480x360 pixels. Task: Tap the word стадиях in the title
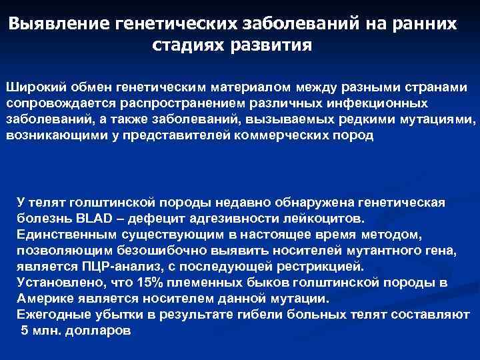[x=189, y=46]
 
